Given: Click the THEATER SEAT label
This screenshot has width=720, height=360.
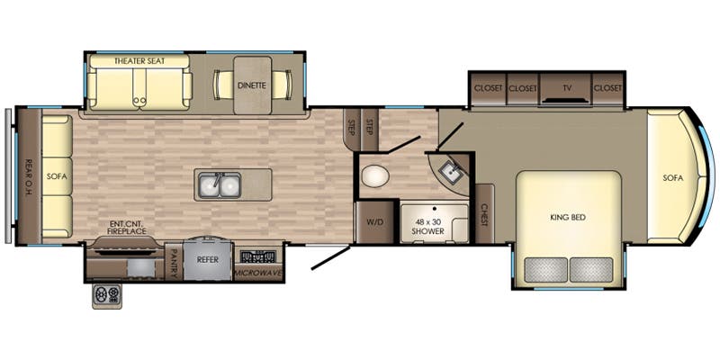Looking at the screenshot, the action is (x=139, y=61).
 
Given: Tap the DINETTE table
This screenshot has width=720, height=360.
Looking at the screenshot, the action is (x=253, y=85).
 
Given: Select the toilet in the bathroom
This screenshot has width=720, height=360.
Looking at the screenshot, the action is (x=375, y=176).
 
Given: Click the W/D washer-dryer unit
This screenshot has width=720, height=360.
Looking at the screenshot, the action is (x=374, y=222).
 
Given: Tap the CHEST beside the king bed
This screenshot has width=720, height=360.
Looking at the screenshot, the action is (x=484, y=214).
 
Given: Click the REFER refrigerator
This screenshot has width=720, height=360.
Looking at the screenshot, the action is (x=207, y=259).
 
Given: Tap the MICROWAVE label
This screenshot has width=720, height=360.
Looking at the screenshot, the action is (x=258, y=274).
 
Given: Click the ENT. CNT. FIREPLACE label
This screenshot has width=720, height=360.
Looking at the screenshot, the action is (x=127, y=228).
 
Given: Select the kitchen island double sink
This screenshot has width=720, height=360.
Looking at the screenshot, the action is (x=220, y=185).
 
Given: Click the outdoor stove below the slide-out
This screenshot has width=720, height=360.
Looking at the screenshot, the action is (x=107, y=296).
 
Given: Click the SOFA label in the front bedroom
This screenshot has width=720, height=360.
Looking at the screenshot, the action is (x=672, y=177).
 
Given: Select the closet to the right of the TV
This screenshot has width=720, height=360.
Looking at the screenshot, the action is (x=607, y=89).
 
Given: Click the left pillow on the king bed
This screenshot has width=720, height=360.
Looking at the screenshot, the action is (x=546, y=269).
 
